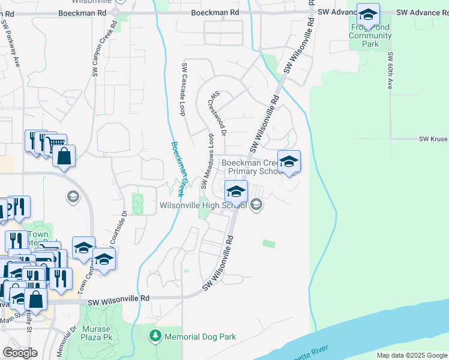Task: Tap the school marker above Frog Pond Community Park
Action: [367, 14]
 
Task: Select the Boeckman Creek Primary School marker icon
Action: [289, 162]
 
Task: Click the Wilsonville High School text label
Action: [203, 205]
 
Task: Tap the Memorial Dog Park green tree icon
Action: [155, 337]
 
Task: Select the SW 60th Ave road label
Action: [390, 71]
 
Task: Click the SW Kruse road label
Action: [433, 139]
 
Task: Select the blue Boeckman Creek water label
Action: [178, 169]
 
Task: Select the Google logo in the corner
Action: [20, 353]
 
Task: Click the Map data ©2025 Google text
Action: [411, 355]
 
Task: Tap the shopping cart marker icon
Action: [56, 144]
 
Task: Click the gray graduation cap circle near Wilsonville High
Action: [257, 205]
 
